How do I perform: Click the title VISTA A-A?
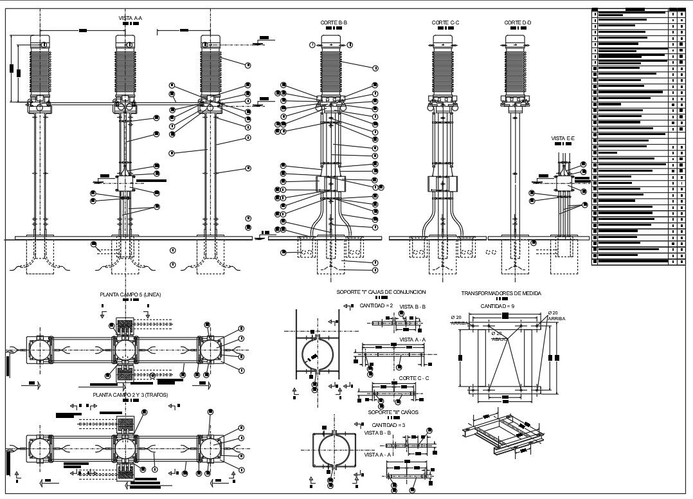tap(130, 18)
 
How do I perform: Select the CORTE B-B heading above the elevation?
tap(334, 23)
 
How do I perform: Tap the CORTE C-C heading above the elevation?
tap(445, 23)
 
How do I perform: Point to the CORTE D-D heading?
tap(517, 23)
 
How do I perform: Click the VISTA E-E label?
tap(562, 138)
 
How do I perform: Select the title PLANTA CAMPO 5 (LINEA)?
tap(130, 295)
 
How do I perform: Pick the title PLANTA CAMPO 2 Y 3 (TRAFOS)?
tap(130, 394)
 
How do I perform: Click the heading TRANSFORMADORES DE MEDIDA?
tap(501, 293)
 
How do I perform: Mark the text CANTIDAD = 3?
tap(388, 425)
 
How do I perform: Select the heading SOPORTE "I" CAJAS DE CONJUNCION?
tap(381, 292)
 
